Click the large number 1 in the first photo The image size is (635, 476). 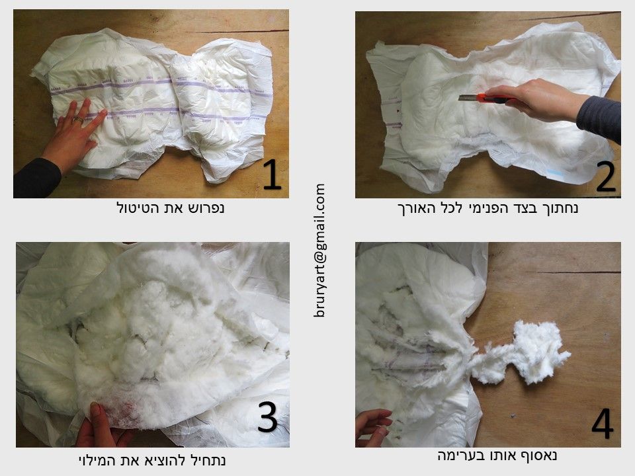click(272, 175)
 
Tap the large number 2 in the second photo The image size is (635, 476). click(605, 177)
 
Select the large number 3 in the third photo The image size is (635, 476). click(267, 417)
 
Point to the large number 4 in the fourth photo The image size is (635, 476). click(602, 423)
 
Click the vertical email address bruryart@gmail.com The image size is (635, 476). click(319, 250)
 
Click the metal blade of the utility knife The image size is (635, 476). click(468, 98)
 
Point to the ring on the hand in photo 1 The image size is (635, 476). click(77, 120)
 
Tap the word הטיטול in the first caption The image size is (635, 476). click(134, 208)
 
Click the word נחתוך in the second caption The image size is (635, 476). click(560, 208)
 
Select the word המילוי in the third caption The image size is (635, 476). click(96, 460)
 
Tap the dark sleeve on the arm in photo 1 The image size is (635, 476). click(36, 178)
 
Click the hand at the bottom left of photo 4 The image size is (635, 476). click(372, 427)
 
